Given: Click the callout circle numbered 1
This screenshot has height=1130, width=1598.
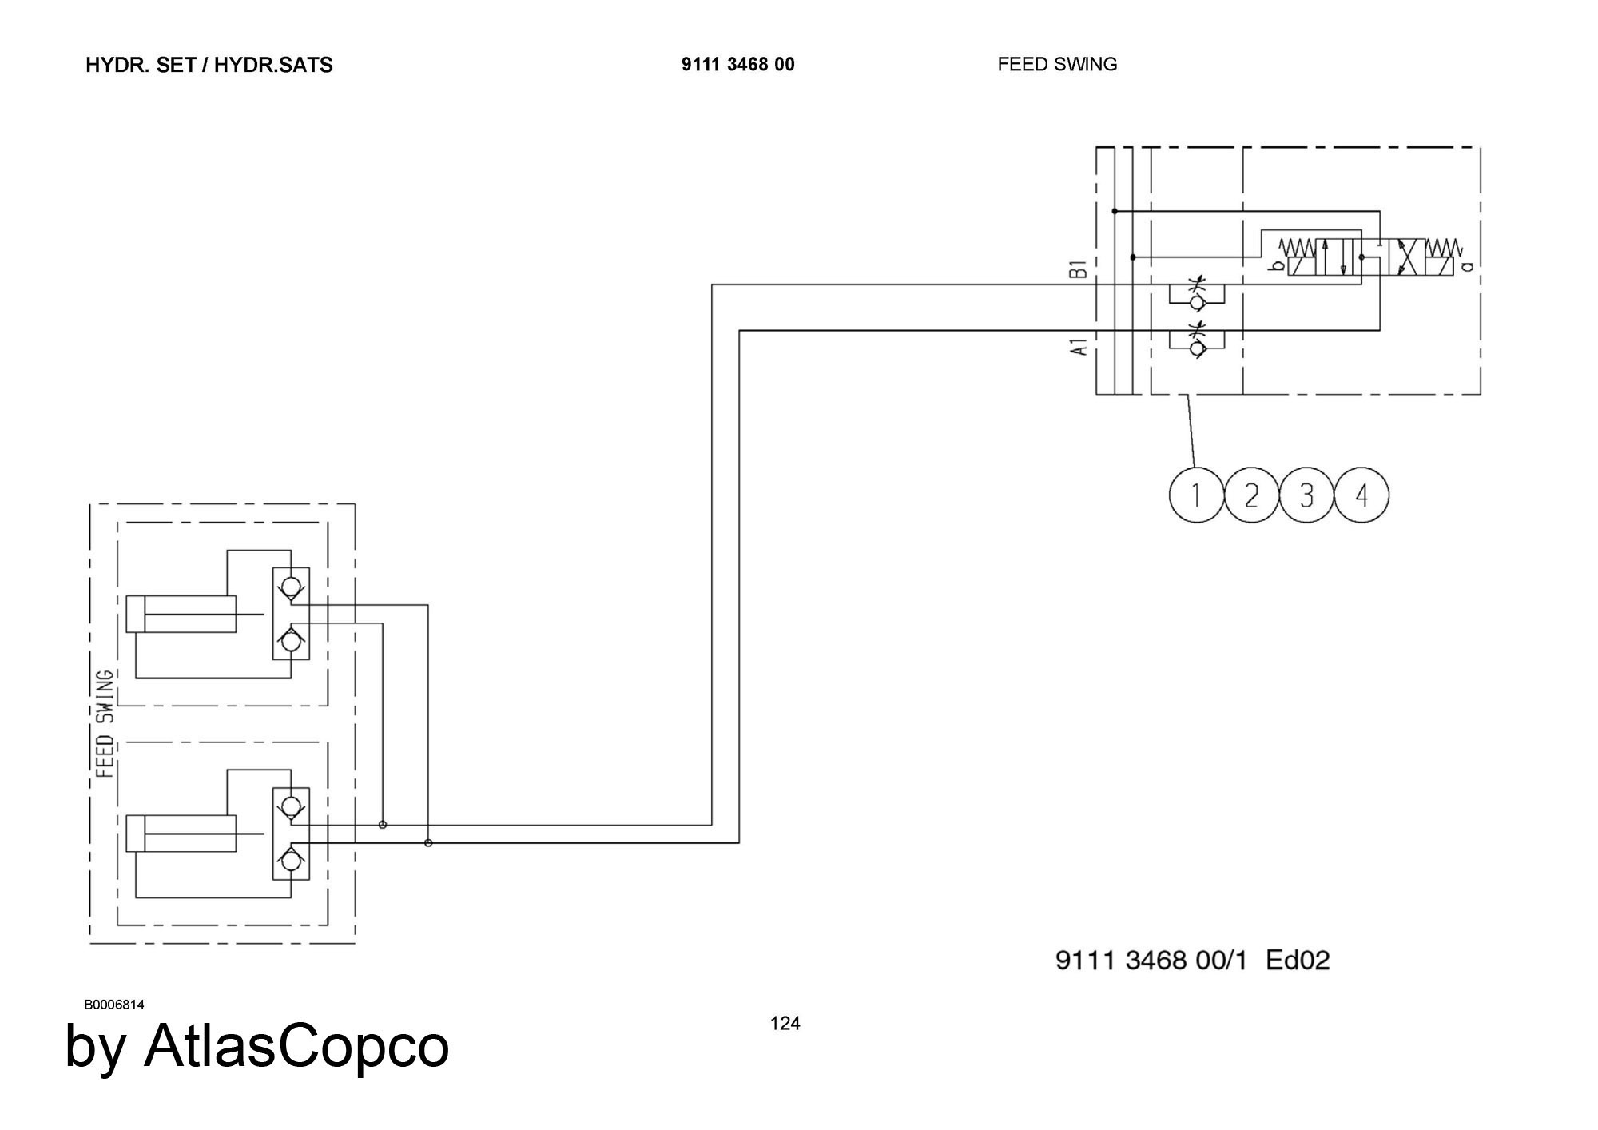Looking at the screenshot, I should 1196,496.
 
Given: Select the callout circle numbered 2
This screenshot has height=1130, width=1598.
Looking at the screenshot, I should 1251,496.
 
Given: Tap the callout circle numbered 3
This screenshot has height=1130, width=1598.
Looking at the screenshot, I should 1306,496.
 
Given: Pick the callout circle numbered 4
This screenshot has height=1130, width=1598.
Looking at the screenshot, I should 1361,496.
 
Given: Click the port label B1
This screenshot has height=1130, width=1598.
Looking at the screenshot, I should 1078,269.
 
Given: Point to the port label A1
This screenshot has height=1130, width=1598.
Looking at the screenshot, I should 1078,347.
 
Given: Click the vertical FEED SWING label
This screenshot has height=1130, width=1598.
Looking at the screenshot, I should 105,724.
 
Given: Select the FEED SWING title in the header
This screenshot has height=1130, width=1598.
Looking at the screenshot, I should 1056,65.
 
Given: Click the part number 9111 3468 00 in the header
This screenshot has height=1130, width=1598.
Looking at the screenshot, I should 737,65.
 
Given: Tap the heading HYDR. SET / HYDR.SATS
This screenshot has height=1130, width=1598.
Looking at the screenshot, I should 209,66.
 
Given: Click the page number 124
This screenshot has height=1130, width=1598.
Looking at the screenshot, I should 785,1024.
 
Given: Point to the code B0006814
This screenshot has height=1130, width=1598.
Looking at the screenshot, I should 114,1005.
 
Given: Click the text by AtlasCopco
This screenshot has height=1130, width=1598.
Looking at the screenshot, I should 256,1045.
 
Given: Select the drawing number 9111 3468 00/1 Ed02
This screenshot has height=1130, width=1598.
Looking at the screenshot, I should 1192,960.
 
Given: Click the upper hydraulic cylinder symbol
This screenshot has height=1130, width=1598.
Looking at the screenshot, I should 181,615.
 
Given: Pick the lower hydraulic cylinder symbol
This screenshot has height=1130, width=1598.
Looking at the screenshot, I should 181,834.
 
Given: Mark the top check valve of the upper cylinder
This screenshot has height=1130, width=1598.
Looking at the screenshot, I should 291,586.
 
